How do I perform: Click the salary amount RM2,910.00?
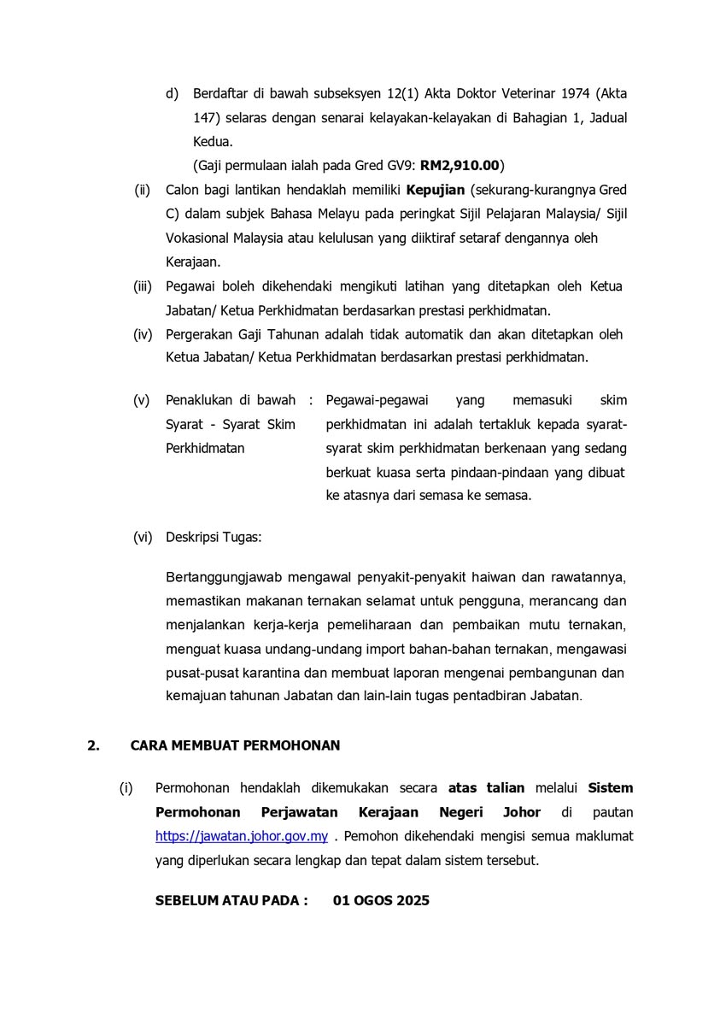coord(460,165)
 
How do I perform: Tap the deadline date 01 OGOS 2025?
coord(381,900)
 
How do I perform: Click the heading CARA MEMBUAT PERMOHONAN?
coord(235,745)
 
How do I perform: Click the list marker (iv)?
coord(143,333)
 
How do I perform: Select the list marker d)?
coord(172,93)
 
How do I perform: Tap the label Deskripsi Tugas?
coord(214,538)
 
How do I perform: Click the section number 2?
coord(93,745)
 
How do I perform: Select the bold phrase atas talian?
coord(486,787)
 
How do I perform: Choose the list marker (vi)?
coord(143,538)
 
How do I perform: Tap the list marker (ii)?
coord(143,189)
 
